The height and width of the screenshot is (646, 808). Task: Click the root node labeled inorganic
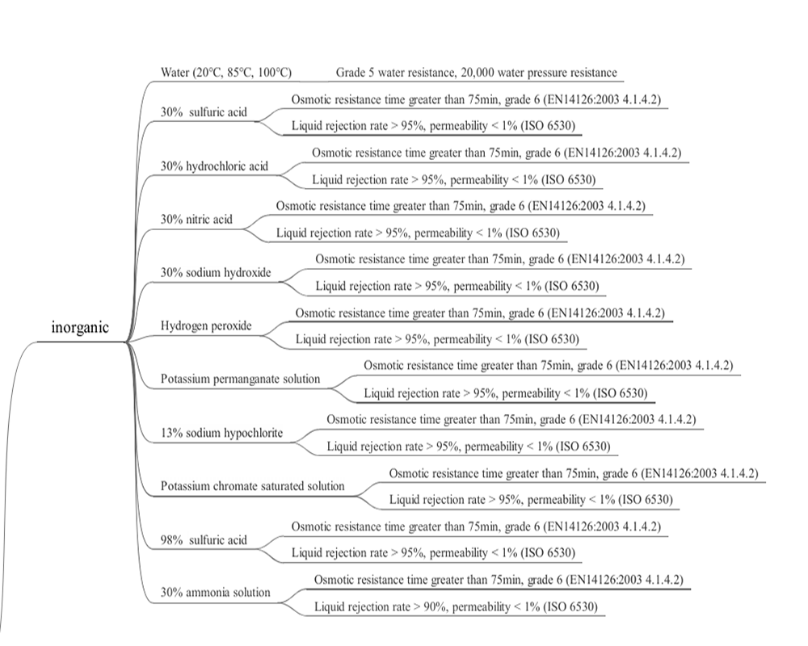(x=80, y=328)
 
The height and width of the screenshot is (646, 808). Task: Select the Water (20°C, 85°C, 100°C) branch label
(x=226, y=72)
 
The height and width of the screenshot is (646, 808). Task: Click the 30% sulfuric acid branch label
(x=204, y=112)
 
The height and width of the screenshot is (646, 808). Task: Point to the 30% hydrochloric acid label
(x=214, y=166)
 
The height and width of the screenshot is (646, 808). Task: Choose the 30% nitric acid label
(x=196, y=220)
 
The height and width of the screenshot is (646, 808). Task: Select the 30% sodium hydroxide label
(x=216, y=272)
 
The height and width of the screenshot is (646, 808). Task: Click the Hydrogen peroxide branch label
(x=206, y=325)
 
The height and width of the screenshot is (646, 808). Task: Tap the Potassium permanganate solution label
(x=240, y=380)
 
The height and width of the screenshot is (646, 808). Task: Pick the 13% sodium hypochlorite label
(x=221, y=433)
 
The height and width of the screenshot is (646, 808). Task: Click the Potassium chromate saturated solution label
(x=252, y=486)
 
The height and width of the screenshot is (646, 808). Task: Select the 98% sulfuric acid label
(x=204, y=540)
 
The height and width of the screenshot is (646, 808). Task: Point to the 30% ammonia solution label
(x=216, y=593)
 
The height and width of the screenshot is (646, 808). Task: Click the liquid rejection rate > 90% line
(x=456, y=607)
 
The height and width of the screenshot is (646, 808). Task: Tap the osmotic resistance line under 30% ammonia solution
(x=499, y=580)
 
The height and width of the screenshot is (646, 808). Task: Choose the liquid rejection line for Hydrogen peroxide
(x=437, y=339)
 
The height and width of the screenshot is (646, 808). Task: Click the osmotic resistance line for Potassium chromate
(x=574, y=473)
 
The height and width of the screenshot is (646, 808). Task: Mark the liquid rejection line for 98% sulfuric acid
(x=433, y=553)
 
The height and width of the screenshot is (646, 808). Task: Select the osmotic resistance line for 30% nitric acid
(x=461, y=206)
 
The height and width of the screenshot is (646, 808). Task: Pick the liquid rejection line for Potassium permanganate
(x=506, y=393)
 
